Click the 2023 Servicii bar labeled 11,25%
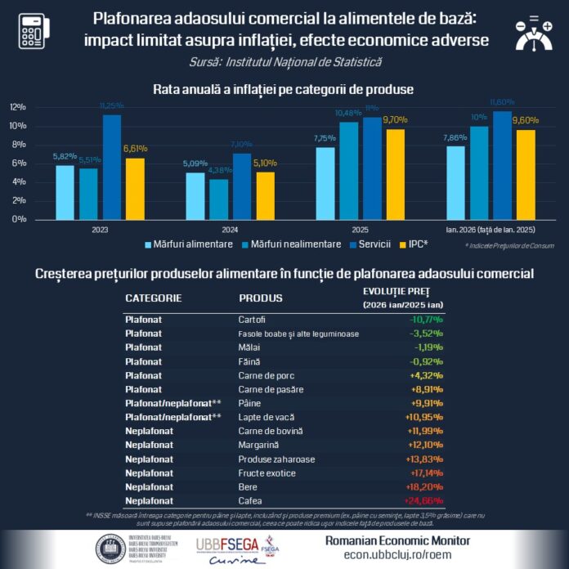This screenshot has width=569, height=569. click(111, 168)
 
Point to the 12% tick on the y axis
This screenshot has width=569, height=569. click(18, 107)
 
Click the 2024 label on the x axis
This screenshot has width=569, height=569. click(206, 231)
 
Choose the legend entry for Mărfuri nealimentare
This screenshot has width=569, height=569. click(280, 244)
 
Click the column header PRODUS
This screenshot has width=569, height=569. click(260, 298)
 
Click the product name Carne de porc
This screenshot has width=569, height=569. click(262, 375)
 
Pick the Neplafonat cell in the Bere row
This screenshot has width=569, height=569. click(149, 486)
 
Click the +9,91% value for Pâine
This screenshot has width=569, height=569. click(426, 403)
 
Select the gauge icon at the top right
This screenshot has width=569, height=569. click(537, 33)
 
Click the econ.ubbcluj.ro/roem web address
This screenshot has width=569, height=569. click(387, 554)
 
